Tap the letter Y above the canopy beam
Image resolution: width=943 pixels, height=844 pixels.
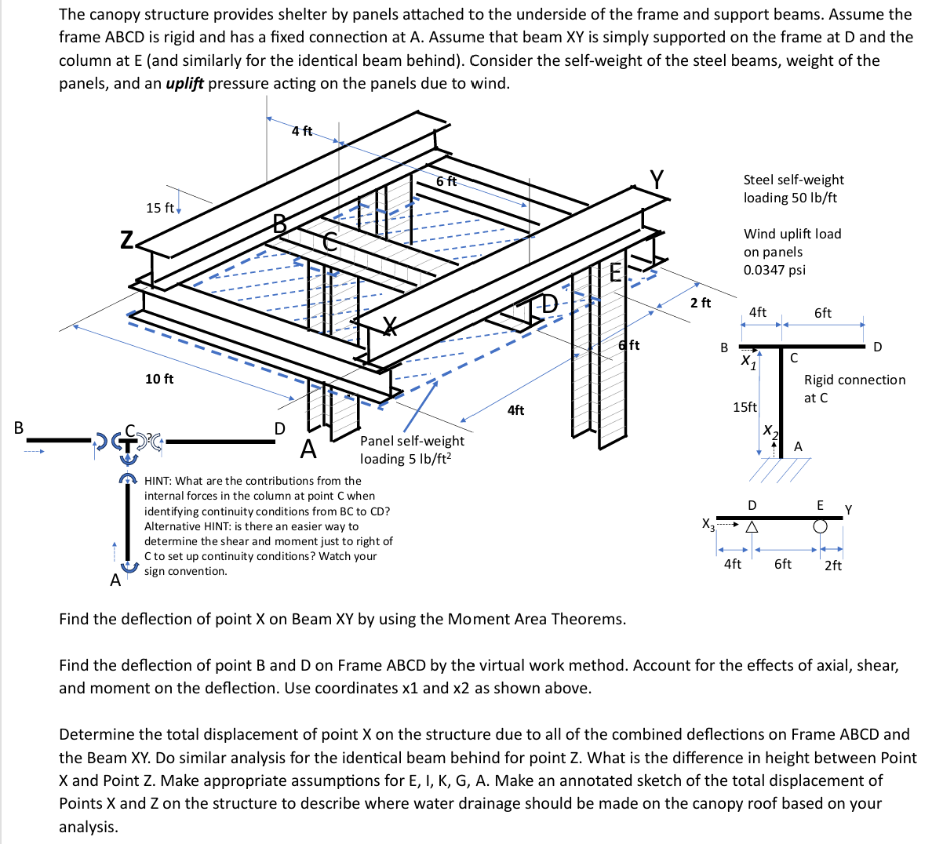pos(656,180)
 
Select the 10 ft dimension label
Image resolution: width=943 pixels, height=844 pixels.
pos(159,379)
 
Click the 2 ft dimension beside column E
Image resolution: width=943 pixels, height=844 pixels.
pos(700,303)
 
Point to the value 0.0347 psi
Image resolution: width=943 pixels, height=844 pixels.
pos(774,270)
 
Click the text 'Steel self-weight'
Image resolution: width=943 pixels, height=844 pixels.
pos(793,180)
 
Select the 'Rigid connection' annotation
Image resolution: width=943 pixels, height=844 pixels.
pos(854,380)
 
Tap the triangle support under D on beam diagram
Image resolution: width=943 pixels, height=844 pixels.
pos(752,528)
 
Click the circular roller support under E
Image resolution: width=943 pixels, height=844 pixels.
pos(820,528)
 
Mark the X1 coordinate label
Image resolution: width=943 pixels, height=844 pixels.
pos(748,362)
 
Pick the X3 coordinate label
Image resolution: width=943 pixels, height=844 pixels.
pos(708,523)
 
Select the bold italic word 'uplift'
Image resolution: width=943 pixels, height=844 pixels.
pos(184,83)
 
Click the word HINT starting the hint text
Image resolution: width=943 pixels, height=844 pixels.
pos(162,481)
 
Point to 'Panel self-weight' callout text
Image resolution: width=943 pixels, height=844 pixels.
pos(412,441)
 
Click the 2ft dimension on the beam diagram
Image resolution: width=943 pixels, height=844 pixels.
pos(832,565)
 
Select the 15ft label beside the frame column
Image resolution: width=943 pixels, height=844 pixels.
pos(745,407)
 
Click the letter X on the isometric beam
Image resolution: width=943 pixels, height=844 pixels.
pos(389,326)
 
